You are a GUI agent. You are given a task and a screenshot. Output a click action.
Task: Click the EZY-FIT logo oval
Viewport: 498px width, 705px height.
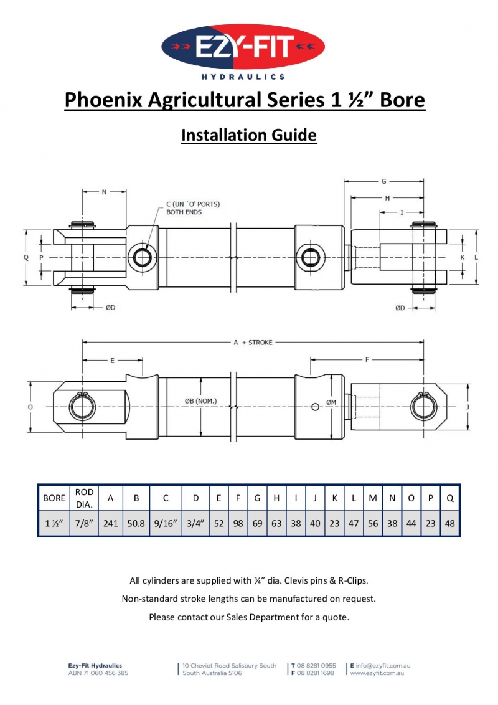click(243, 47)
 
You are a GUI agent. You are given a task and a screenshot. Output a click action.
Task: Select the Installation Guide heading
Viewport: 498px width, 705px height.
click(249, 135)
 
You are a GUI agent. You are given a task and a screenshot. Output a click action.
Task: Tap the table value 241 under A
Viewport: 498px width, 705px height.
click(111, 523)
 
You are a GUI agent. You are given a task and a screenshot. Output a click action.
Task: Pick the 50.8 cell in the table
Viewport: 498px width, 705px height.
click(136, 523)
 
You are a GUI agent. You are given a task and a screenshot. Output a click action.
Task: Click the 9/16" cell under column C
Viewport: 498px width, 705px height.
click(166, 523)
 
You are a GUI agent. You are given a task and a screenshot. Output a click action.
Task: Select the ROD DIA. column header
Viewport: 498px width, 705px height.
click(84, 498)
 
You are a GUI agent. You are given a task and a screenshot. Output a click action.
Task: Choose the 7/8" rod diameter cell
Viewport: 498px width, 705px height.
click(84, 523)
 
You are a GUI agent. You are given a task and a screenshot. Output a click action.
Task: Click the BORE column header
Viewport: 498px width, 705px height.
click(54, 498)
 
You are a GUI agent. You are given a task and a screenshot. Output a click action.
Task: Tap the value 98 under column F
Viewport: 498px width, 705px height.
click(238, 523)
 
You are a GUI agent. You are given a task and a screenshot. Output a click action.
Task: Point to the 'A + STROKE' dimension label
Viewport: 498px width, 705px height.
click(252, 342)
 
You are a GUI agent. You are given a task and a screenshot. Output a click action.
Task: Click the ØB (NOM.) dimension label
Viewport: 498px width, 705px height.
click(200, 401)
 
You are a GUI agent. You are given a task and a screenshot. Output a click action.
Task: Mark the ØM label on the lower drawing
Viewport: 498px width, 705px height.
click(331, 402)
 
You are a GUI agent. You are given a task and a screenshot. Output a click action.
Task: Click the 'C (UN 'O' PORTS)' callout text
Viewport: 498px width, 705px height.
click(193, 204)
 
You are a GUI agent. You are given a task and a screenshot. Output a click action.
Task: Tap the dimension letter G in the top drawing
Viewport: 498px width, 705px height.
click(384, 181)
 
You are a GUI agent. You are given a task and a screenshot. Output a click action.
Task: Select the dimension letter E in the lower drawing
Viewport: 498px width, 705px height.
click(113, 360)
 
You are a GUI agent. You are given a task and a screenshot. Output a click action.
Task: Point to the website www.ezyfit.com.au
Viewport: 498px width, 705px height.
click(378, 673)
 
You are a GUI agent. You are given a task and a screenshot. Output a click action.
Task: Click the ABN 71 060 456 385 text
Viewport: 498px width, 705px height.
click(98, 673)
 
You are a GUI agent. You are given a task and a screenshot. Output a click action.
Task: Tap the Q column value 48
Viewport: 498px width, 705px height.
click(449, 523)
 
